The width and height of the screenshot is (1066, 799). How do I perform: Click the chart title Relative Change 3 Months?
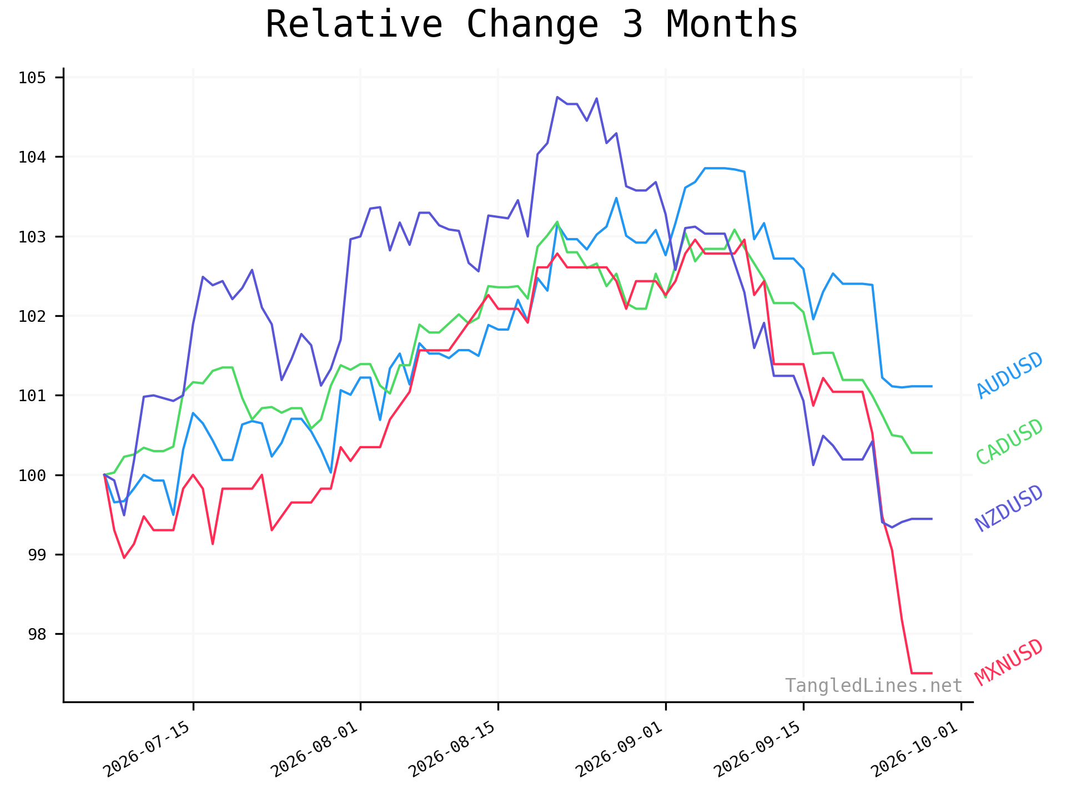pyautogui.click(x=531, y=25)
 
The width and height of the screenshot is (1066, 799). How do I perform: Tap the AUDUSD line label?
pyautogui.click(x=1010, y=375)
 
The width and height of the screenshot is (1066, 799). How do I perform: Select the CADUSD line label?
pyautogui.click(x=1010, y=442)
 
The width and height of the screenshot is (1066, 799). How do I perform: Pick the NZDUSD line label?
pyautogui.click(x=1010, y=508)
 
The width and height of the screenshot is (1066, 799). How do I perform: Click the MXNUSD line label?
pyautogui.click(x=1010, y=663)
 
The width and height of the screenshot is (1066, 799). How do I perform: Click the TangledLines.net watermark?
pyautogui.click(x=873, y=686)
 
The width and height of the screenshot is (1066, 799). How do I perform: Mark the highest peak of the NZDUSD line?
pyautogui.click(x=557, y=97)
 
